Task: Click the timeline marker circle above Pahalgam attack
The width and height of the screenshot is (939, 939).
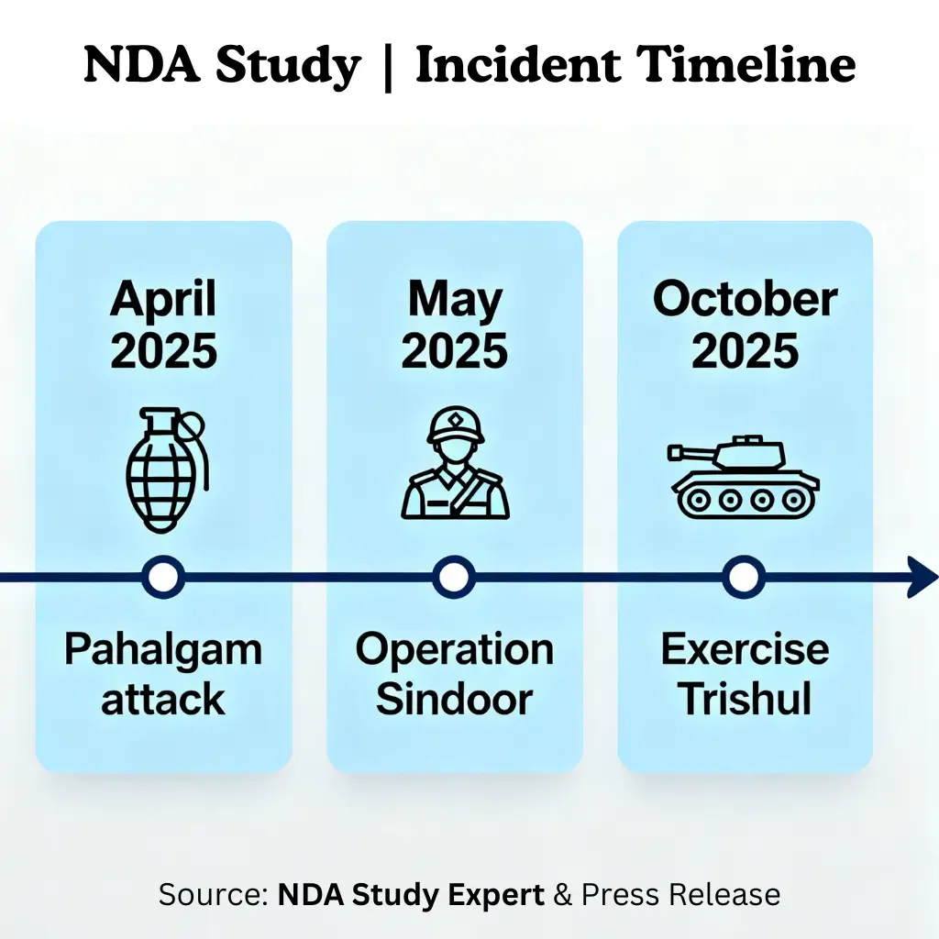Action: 164,578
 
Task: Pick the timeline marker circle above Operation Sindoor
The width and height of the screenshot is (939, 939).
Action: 454,578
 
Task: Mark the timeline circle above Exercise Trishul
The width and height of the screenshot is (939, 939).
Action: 744,578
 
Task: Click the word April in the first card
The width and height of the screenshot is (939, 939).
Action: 164,301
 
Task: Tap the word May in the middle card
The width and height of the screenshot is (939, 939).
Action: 455,301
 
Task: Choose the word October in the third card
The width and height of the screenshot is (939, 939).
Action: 745,301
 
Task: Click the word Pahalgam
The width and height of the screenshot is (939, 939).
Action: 163,650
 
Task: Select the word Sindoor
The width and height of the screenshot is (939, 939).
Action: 454,700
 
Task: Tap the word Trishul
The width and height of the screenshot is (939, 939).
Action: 745,700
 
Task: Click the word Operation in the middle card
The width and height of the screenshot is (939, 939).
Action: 454,650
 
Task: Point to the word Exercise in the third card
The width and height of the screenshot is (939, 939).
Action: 745,650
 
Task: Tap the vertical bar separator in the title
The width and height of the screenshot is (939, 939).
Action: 389,66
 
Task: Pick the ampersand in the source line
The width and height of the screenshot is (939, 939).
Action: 562,894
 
